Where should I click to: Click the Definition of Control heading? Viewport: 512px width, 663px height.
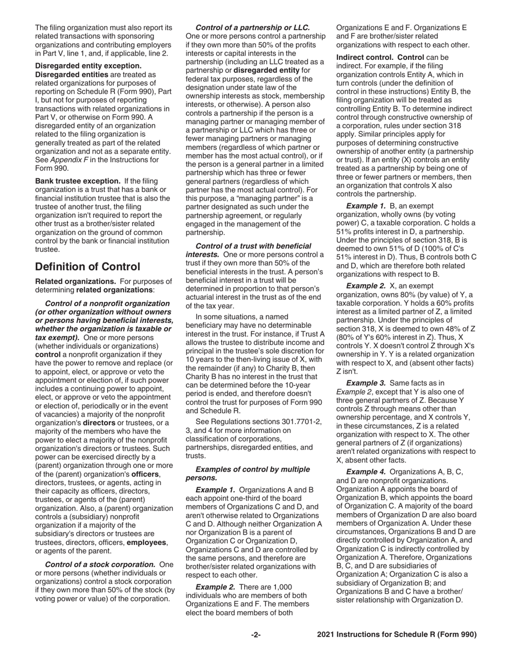[x=87, y=267]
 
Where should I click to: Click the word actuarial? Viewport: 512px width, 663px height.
[x=204, y=295]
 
